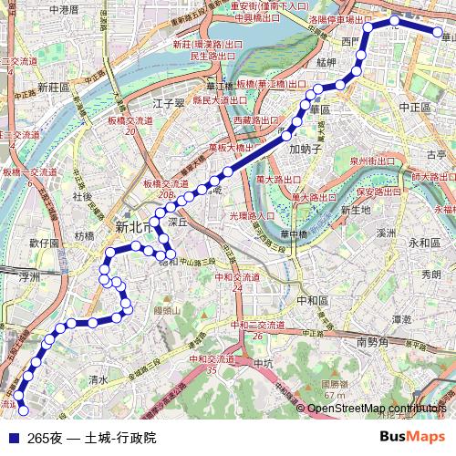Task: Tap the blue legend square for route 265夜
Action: click(x=12, y=438)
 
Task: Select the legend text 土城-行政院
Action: click(x=119, y=438)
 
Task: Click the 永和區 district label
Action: click(x=424, y=243)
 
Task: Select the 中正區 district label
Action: click(x=414, y=107)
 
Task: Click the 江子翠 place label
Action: click(x=170, y=102)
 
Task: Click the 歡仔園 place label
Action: click(x=44, y=244)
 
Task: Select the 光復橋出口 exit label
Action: click(x=251, y=215)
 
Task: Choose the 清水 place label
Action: click(x=98, y=378)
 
